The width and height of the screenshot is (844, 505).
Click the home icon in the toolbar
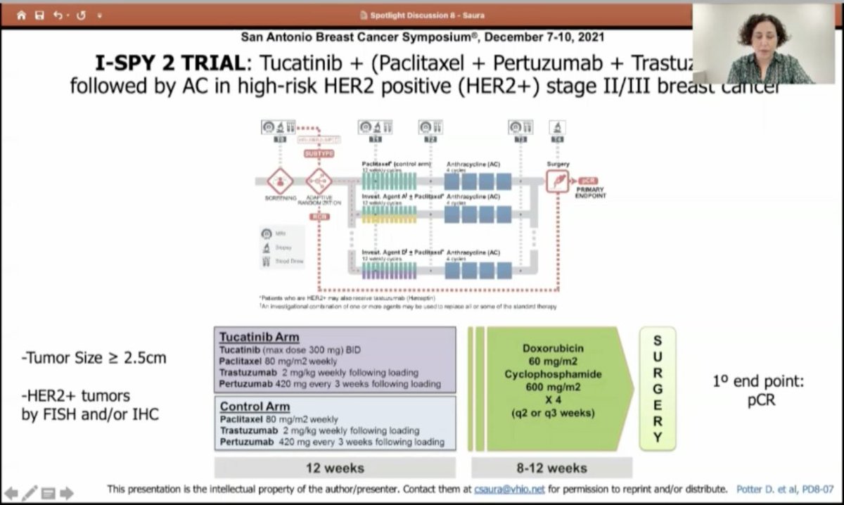tap(21, 15)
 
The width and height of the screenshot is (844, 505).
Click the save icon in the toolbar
tap(39, 15)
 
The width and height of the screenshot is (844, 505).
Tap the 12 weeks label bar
tap(335, 468)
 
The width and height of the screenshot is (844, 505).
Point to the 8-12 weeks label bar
tap(551, 468)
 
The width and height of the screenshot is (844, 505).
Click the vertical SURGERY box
tap(657, 388)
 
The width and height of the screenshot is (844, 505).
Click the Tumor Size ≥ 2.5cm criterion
tap(94, 358)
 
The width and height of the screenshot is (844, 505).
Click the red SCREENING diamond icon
tap(280, 181)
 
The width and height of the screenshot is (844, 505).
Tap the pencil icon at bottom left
tap(30, 493)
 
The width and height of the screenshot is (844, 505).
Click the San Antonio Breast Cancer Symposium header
tap(422, 37)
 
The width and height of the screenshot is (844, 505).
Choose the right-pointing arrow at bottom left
tap(67, 493)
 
